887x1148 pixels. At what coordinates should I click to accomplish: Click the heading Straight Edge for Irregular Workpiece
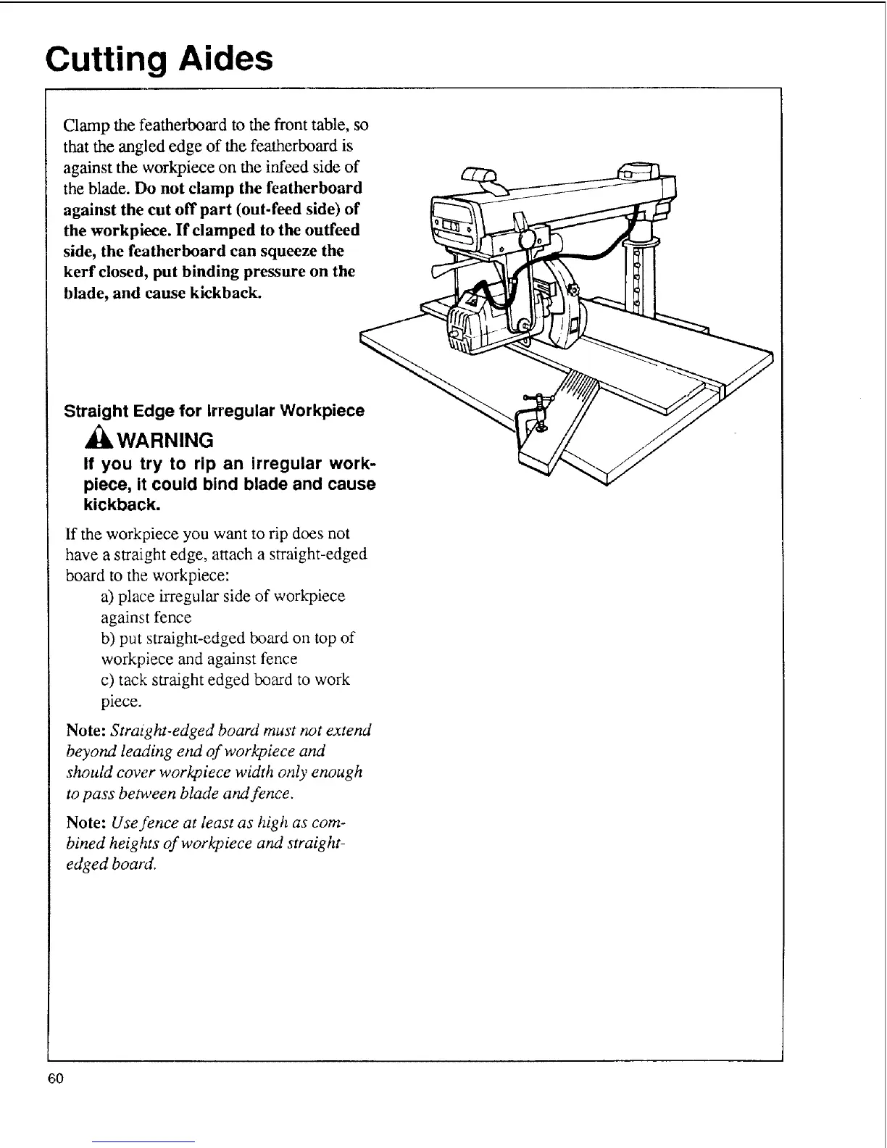pos(215,411)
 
